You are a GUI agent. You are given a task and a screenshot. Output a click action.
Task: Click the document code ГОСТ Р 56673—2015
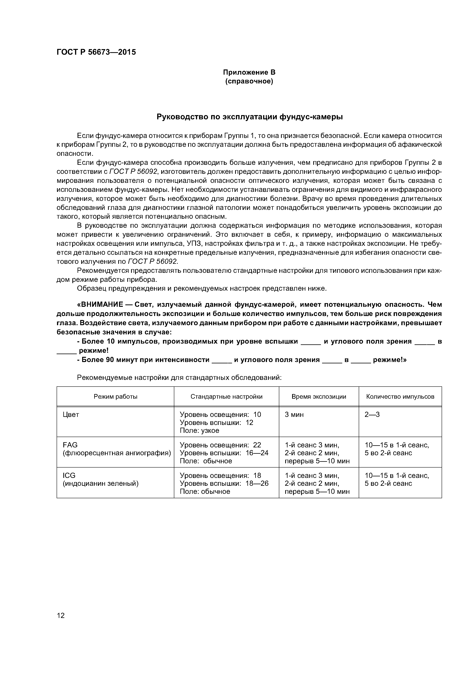click(x=96, y=52)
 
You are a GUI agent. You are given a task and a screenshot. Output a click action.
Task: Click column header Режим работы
click(x=115, y=397)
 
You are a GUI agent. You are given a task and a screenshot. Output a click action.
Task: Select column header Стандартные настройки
click(x=226, y=397)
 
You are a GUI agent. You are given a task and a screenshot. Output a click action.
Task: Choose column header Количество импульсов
click(x=400, y=397)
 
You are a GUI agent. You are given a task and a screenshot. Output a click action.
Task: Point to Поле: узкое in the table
click(x=199, y=431)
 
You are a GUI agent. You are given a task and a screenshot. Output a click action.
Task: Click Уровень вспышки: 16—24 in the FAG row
click(x=224, y=453)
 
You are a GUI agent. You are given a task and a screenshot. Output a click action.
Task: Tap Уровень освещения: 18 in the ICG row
click(x=220, y=475)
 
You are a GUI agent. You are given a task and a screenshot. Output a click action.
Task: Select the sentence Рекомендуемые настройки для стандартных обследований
click(x=179, y=378)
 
